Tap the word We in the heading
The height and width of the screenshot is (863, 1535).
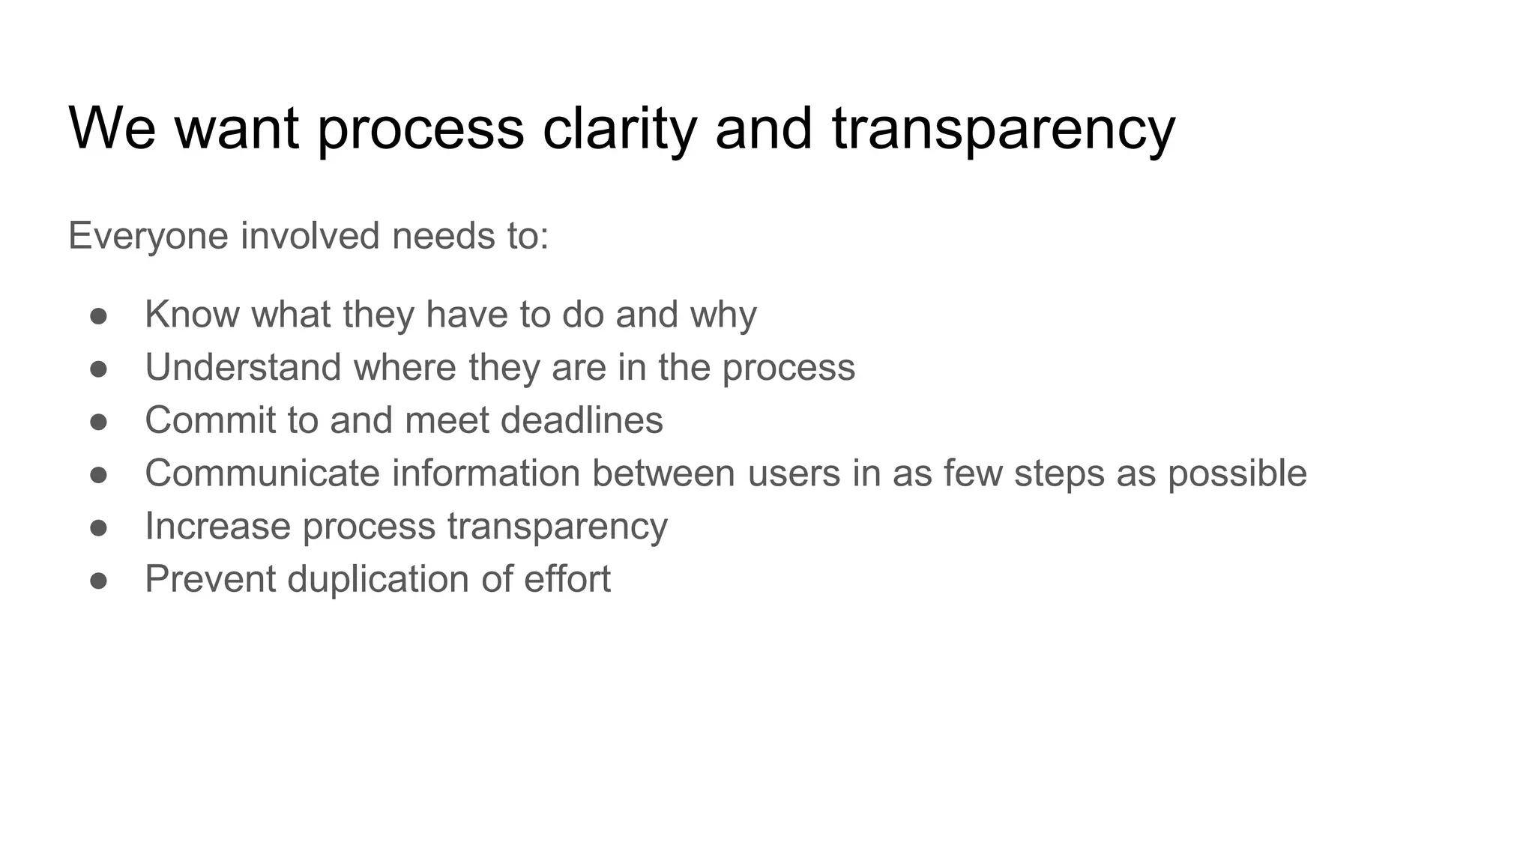(112, 129)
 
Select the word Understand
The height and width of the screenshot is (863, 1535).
(243, 367)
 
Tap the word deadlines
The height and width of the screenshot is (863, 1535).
(582, 420)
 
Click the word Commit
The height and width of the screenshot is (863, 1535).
(210, 420)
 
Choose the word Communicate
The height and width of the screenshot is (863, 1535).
(262, 473)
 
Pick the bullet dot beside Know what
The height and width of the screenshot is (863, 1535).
(98, 315)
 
